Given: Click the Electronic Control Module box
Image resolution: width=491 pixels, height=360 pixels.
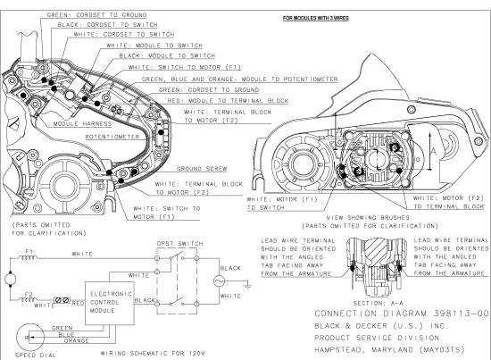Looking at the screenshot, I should point(109,301).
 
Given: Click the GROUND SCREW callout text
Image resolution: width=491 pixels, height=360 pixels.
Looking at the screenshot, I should point(197,168).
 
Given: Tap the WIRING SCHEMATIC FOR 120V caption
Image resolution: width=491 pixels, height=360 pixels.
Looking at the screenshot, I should point(146,352).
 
